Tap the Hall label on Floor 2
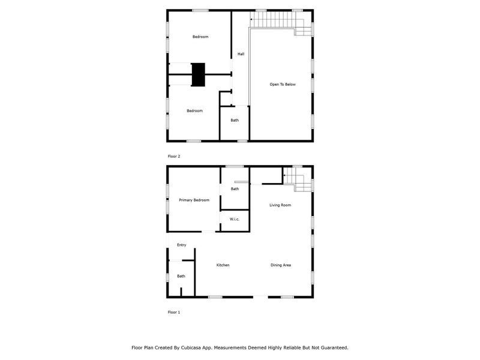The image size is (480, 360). [x=241, y=54]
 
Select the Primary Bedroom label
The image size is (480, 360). [x=194, y=200]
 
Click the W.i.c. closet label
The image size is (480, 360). [x=235, y=219]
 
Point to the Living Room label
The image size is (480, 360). [x=280, y=205]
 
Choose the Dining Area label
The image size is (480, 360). [x=281, y=265]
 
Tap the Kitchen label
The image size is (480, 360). [x=223, y=265]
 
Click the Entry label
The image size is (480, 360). [x=181, y=245]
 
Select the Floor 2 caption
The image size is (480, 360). [x=174, y=156]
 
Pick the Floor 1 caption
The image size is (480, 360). [x=174, y=312]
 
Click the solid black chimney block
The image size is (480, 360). [x=198, y=74]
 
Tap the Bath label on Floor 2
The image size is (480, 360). [x=235, y=120]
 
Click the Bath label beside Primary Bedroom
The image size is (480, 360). [x=235, y=189]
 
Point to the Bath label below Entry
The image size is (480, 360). [x=181, y=276]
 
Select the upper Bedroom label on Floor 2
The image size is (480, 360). [x=200, y=37]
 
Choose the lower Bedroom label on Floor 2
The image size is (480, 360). [x=194, y=110]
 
